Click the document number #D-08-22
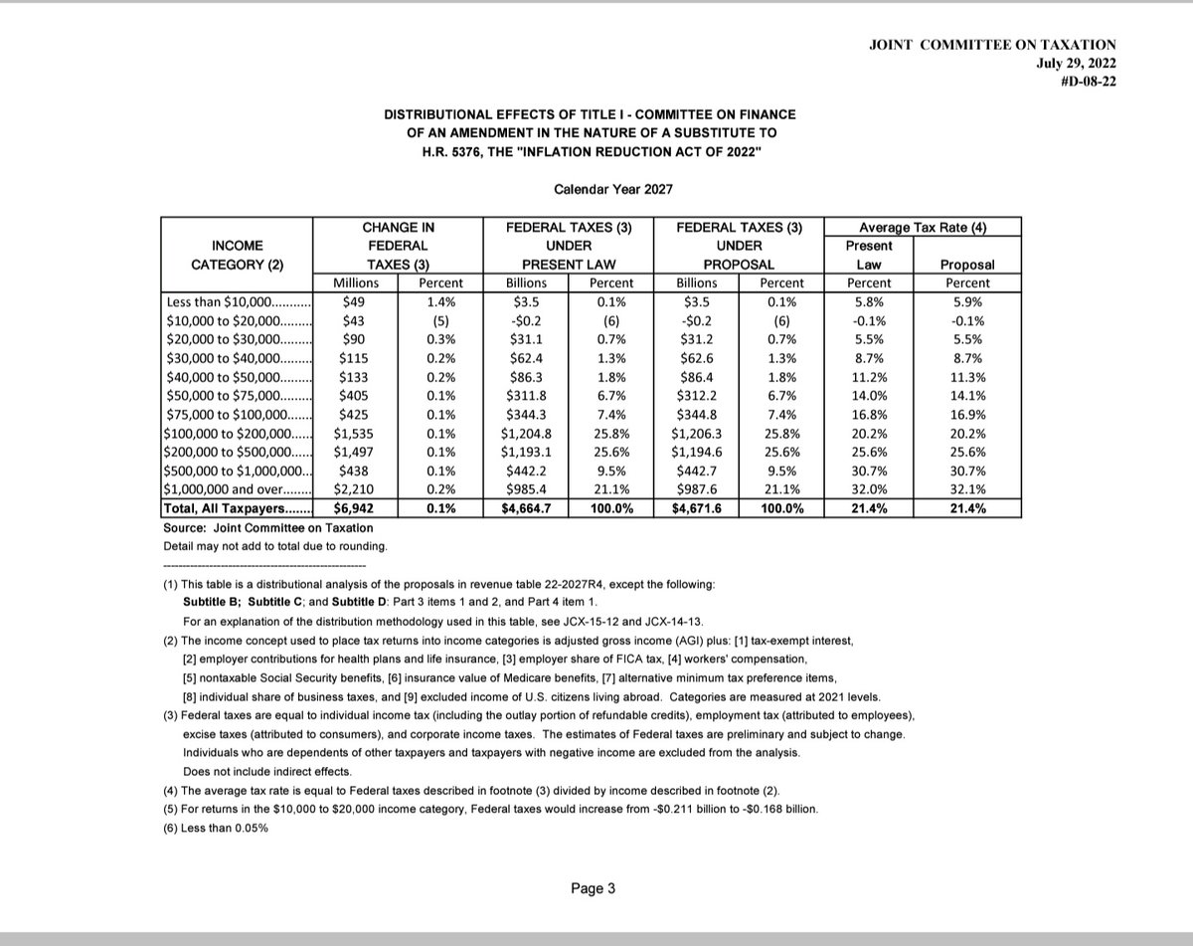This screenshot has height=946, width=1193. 1089,82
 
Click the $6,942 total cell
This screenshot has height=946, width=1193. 355,508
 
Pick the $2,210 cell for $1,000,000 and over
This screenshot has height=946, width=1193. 355,489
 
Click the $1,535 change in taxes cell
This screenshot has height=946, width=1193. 355,434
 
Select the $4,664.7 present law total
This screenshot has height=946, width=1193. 525,508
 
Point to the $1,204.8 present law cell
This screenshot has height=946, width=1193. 525,434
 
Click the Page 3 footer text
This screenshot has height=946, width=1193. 594,889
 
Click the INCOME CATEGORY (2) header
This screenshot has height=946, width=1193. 237,255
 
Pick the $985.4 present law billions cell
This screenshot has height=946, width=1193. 525,489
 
